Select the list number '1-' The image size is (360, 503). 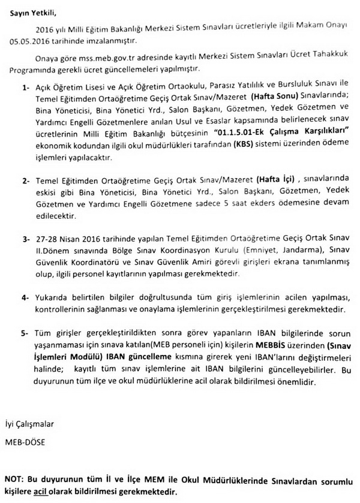26,88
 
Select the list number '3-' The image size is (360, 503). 26,238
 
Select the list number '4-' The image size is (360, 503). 26,297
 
